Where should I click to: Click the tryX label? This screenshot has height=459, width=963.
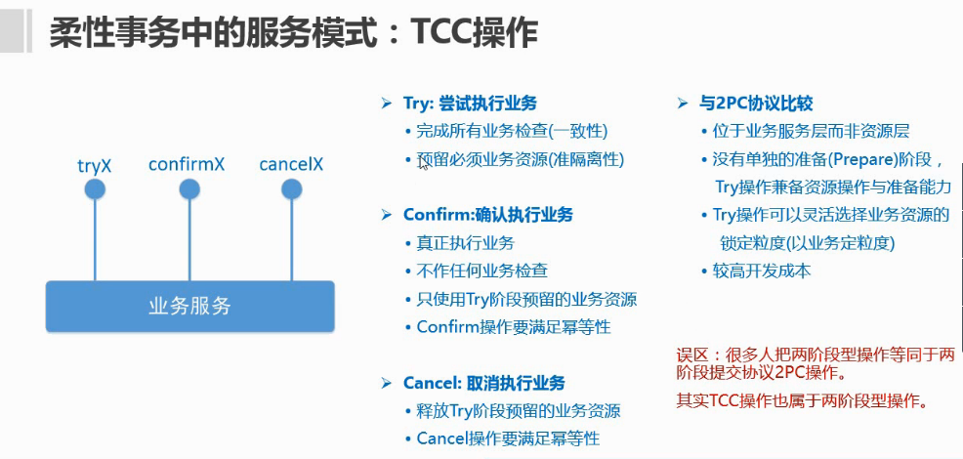95,165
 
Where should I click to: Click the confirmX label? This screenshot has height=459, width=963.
187,164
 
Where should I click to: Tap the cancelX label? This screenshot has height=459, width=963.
291,164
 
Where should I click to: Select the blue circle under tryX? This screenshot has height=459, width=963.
95,188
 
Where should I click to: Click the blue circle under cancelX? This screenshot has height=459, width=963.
291,188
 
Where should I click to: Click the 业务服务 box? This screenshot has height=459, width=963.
190,306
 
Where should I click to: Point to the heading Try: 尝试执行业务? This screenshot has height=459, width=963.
470,103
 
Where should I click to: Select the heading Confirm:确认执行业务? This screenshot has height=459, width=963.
488,215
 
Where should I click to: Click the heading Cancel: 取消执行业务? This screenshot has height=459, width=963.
483,383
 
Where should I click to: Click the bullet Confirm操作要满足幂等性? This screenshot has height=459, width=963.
514,327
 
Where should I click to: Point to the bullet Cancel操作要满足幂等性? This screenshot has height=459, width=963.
508,438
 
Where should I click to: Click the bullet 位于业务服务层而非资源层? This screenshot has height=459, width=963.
811,131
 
